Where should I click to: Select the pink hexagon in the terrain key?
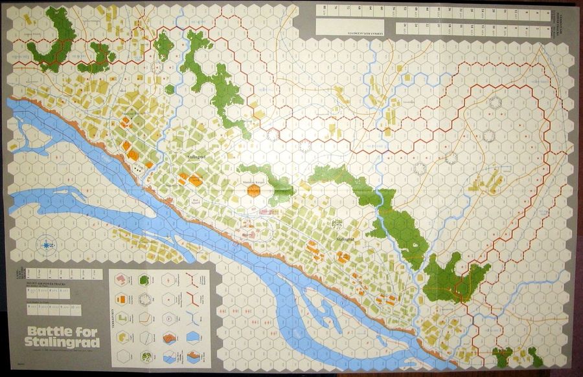122,279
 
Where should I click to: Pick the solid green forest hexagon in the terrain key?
145,279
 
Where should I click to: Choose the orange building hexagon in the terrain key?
122,299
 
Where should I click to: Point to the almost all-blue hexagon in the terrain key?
193,337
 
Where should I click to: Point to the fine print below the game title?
62,351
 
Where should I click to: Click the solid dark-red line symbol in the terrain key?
192,299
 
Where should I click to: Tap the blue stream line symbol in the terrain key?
192,318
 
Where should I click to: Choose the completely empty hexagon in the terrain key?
122,356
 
